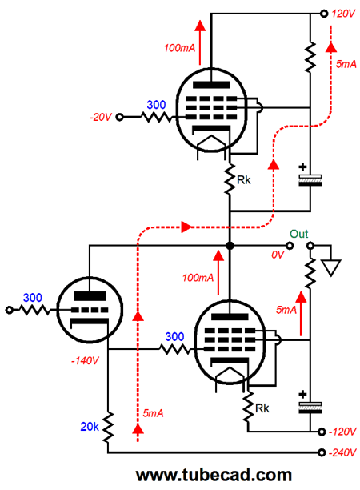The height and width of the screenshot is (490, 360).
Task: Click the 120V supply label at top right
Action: point(343,14)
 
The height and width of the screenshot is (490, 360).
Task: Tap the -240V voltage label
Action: point(342,452)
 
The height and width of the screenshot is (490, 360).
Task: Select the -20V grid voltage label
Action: point(101,117)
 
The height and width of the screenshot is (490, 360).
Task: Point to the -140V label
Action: point(85,361)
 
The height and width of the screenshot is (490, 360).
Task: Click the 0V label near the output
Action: point(278,255)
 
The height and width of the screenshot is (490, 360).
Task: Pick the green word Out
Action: point(298,234)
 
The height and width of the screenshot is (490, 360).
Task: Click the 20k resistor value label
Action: point(90,427)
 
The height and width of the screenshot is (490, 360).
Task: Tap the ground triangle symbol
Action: point(331,268)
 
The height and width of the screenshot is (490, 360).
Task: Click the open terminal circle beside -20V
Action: point(119,117)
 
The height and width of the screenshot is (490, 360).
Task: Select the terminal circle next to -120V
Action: point(322,432)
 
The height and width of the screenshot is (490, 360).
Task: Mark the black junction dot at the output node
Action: point(230,246)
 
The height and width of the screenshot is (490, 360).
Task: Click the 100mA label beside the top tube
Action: point(179,48)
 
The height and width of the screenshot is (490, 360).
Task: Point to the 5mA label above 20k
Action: point(153,413)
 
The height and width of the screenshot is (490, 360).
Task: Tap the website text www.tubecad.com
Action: point(214,475)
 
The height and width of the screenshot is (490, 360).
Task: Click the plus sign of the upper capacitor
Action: point(302,167)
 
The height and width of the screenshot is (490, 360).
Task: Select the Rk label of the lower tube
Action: point(262,408)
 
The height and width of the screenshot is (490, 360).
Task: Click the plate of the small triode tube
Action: point(90,295)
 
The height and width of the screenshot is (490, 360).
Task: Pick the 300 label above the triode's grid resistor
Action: point(33,298)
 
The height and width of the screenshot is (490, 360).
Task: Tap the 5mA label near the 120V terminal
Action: point(346,64)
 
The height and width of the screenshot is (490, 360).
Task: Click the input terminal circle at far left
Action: point(10,310)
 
